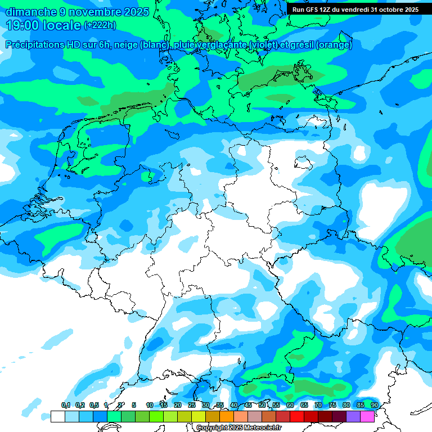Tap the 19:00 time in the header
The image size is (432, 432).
25,25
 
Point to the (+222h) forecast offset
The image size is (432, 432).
100,25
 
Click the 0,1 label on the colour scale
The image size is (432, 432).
65,406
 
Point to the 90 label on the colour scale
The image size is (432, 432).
374,406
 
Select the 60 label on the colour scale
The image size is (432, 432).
290,406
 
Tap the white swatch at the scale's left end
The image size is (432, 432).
57,416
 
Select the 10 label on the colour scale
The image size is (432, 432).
149,406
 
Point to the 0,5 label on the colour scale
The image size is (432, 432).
93,406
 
